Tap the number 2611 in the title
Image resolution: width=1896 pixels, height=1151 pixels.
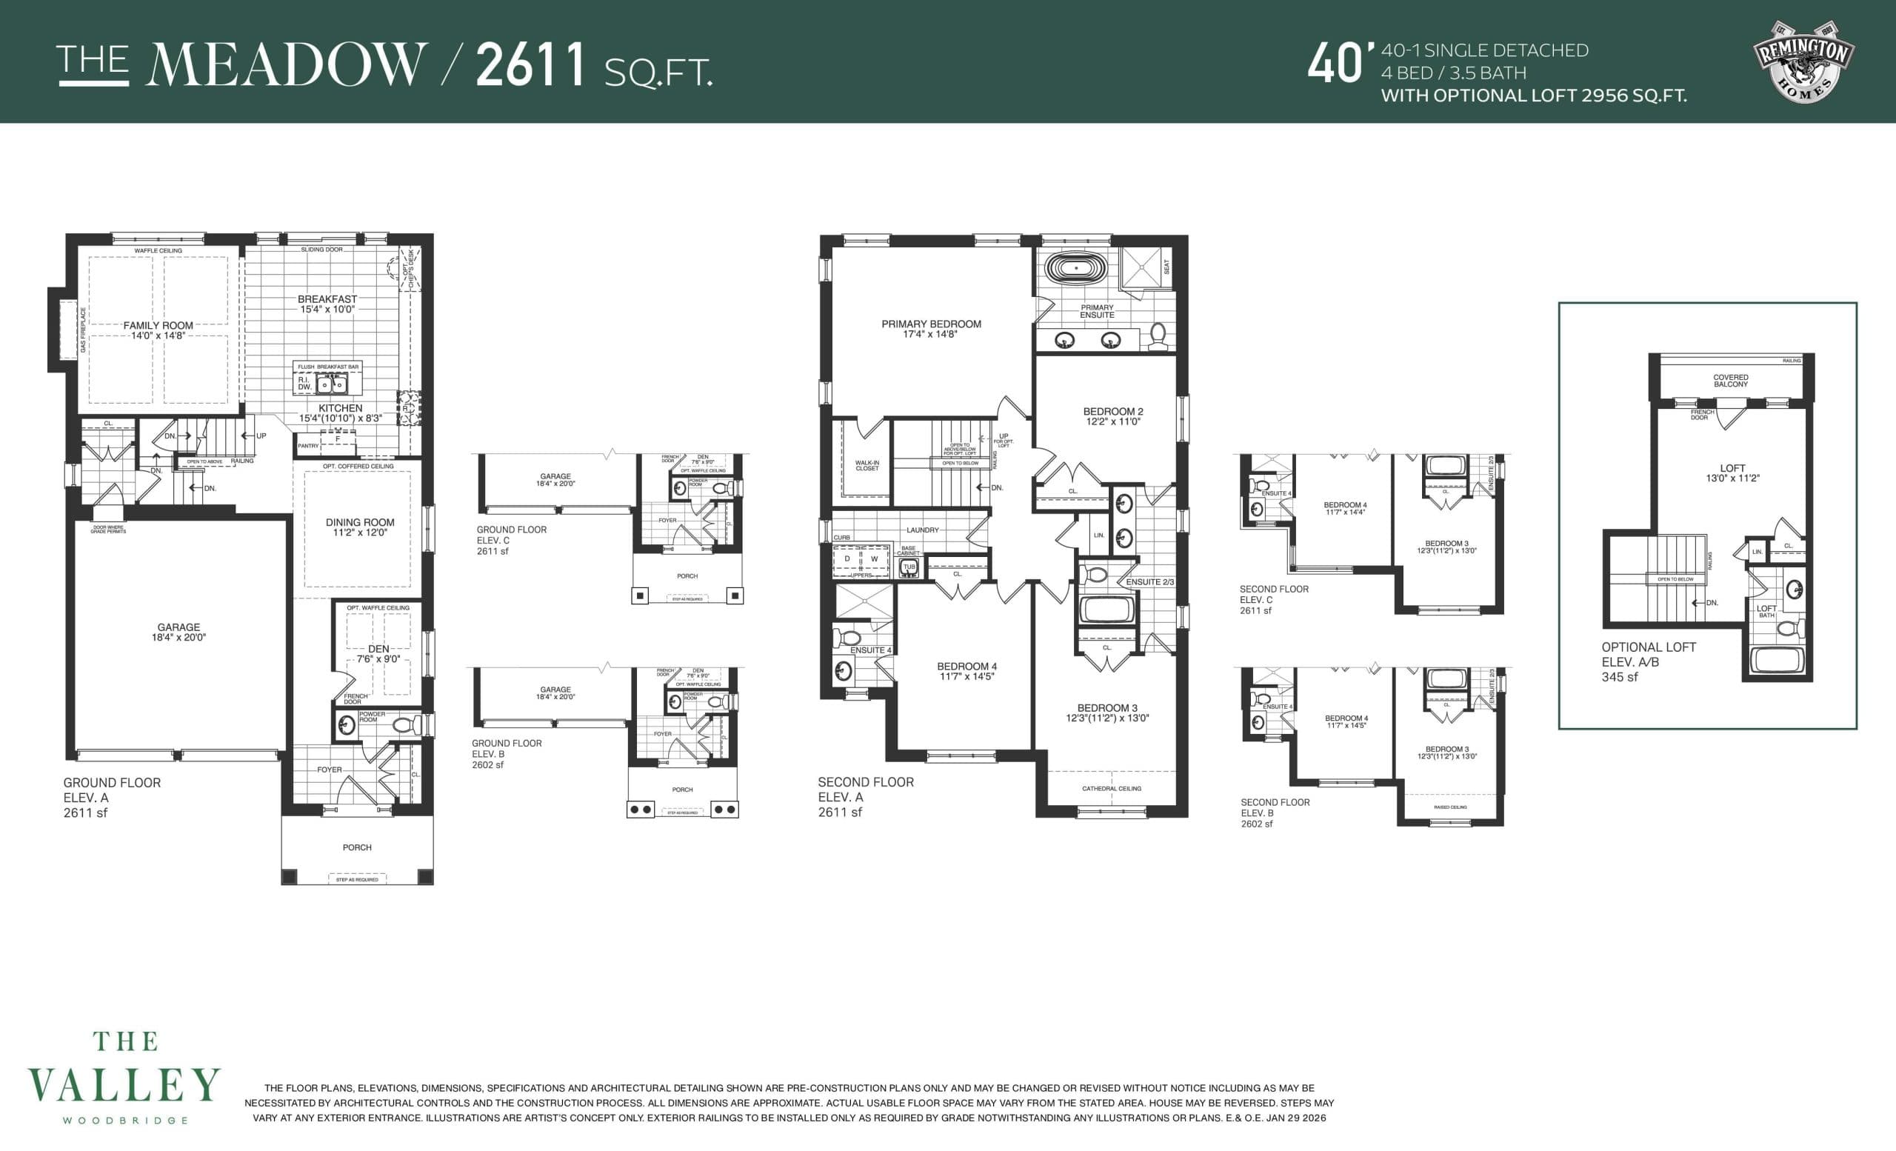click(532, 65)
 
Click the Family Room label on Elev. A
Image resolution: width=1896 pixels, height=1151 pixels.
click(158, 330)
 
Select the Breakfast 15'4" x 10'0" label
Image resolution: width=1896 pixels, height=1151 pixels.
click(327, 304)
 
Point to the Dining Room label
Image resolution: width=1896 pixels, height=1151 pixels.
click(359, 527)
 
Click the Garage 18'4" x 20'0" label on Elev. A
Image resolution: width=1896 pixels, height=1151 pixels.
click(178, 632)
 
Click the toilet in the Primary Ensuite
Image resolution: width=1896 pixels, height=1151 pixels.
click(1157, 336)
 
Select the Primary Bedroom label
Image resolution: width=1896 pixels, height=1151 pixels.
click(931, 329)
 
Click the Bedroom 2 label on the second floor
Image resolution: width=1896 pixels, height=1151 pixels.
click(1112, 416)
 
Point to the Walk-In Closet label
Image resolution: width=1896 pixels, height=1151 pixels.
click(867, 465)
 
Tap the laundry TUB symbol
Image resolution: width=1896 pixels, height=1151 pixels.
click(909, 568)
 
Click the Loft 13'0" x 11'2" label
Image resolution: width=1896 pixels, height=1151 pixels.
click(1732, 473)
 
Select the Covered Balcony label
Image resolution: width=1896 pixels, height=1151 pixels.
click(1731, 381)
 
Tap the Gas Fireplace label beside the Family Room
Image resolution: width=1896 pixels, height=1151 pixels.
click(83, 330)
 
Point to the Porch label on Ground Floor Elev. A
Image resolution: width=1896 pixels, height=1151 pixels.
click(357, 847)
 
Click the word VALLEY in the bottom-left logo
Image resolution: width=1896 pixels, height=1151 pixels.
click(124, 1085)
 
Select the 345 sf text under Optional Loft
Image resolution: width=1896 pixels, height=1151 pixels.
click(1620, 677)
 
